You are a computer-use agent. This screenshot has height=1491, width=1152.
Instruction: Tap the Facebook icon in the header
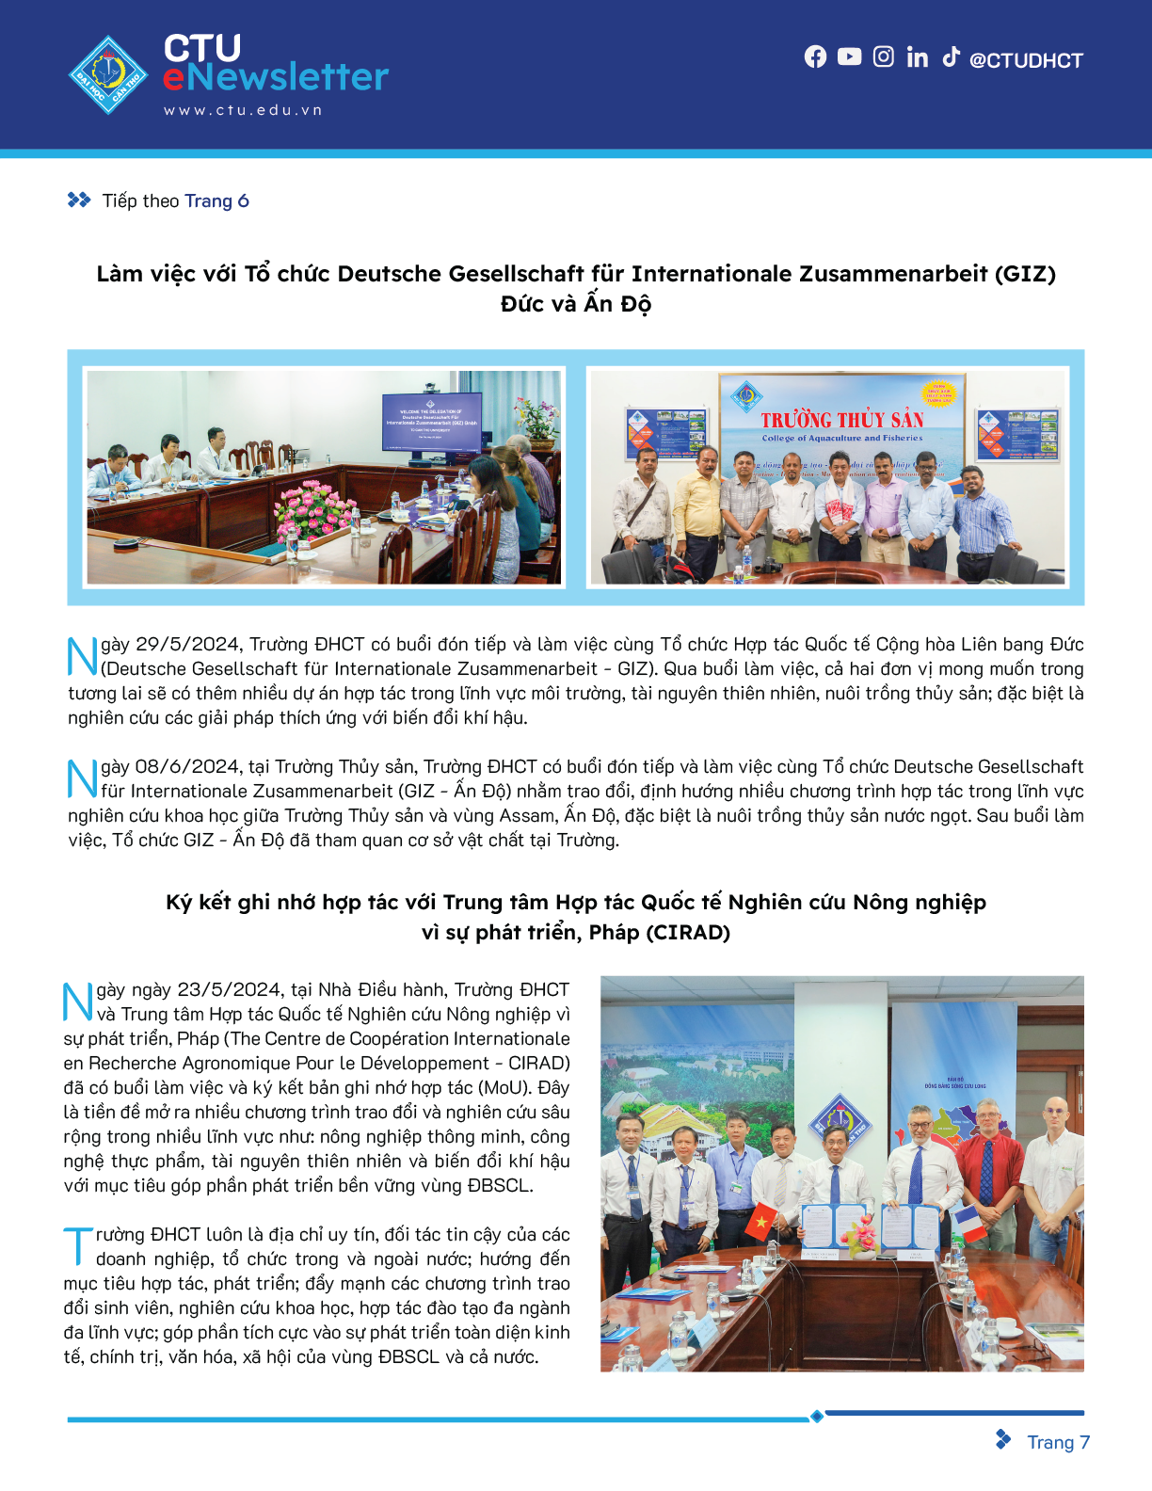tap(815, 57)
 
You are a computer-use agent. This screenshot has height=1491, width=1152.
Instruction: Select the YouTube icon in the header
tap(849, 57)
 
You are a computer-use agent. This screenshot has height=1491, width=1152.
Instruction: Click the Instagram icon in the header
tap(883, 57)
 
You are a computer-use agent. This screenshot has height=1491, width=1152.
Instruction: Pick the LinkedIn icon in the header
tap(917, 57)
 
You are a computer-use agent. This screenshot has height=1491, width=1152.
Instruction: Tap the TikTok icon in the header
tap(951, 56)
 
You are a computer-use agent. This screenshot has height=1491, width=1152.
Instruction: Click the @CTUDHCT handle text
tap(1026, 60)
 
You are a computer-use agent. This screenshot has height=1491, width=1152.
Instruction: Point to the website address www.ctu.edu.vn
tap(243, 110)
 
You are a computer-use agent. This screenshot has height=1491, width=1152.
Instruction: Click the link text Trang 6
tap(216, 200)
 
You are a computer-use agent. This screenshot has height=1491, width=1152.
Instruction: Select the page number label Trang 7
tap(1058, 1442)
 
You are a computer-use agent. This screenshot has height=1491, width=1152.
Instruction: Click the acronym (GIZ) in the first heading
tap(1025, 274)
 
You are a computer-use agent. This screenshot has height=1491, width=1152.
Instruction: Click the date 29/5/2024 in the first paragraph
tap(188, 645)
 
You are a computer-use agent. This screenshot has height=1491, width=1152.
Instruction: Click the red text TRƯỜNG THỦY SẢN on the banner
tap(842, 420)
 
